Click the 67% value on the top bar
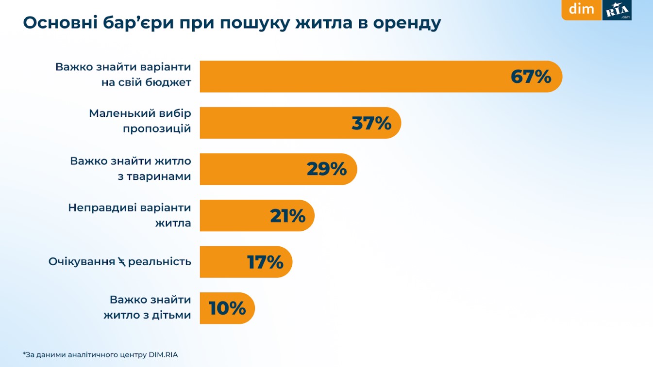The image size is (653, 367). click(x=531, y=77)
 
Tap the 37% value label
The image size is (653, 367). click(x=371, y=123)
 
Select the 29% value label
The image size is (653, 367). click(x=327, y=169)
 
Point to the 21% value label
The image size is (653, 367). click(x=287, y=216)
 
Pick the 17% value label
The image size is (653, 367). click(x=265, y=262)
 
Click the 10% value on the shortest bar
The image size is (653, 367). click(x=227, y=308)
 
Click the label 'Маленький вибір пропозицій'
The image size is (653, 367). click(x=140, y=121)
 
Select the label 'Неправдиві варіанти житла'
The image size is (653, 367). click(x=130, y=215)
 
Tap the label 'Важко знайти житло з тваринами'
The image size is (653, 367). click(x=131, y=168)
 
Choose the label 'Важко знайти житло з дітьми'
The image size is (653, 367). click(x=147, y=307)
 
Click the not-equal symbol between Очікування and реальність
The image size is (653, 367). click(x=121, y=262)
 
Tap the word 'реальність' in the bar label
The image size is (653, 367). click(x=160, y=262)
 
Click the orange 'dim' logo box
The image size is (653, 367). click(x=582, y=9)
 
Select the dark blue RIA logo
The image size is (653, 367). click(x=617, y=10)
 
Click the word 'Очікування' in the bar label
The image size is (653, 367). click(x=81, y=262)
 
